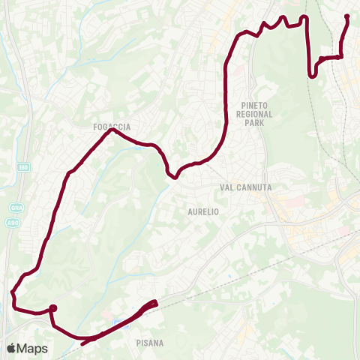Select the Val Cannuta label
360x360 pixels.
245,187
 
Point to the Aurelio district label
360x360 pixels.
202,212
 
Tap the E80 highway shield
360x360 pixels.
23,167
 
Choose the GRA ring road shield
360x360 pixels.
16,207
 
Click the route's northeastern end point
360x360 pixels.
346,16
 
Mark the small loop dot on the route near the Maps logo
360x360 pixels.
53,307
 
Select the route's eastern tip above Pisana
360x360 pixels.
154,302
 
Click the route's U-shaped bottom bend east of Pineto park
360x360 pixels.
312,74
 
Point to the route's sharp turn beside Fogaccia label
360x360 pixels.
111,130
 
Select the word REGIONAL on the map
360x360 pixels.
257,115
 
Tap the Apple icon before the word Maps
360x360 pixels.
12,348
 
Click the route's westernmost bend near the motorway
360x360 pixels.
13,294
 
